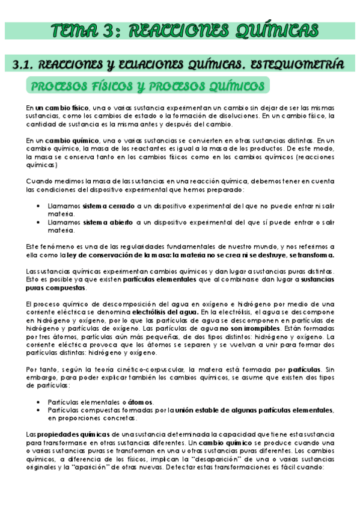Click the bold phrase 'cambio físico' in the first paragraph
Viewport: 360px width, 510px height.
click(x=59, y=107)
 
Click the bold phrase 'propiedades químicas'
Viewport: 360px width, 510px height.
click(x=75, y=434)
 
